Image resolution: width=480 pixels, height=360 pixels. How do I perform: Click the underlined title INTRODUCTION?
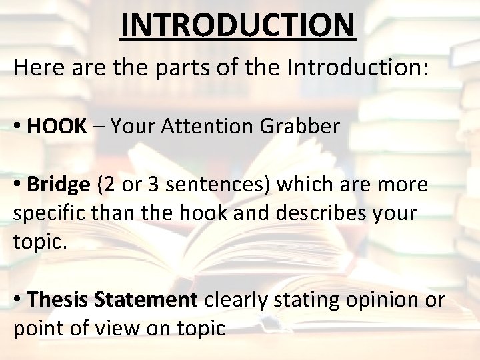[239, 25]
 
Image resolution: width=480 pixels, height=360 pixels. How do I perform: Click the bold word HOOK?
[57, 125]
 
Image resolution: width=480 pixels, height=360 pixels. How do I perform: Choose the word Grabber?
[303, 125]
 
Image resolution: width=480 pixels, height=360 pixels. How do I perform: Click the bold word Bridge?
[59, 185]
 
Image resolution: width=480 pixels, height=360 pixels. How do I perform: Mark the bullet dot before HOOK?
[17, 126]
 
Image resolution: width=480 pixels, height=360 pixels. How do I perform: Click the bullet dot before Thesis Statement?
[17, 301]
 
